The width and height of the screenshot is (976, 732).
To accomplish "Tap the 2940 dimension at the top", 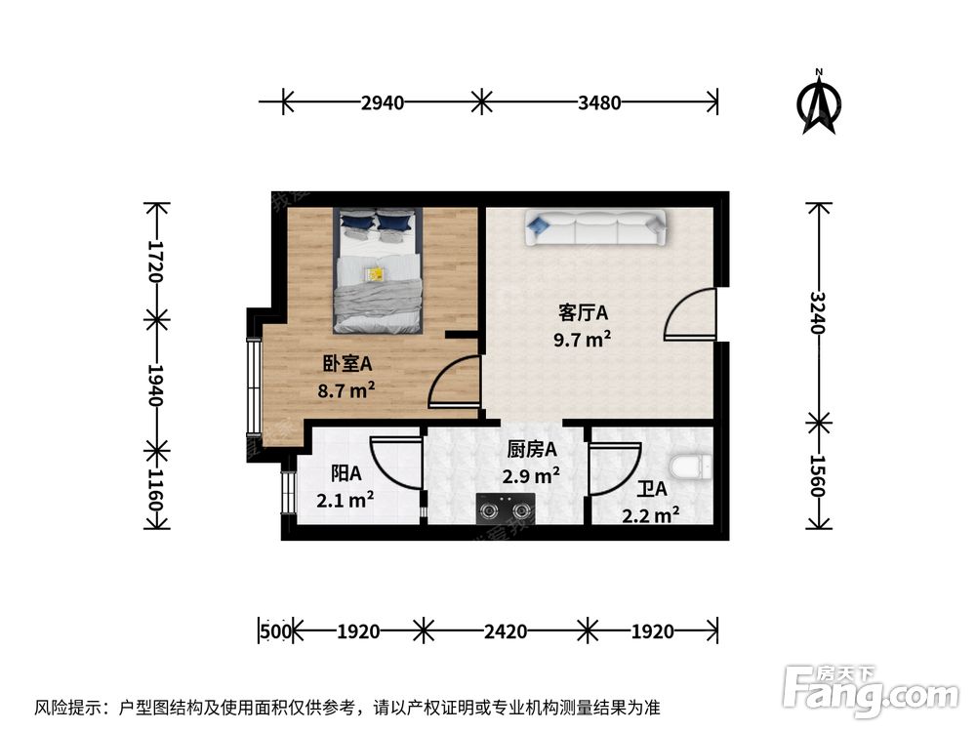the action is coord(383,102).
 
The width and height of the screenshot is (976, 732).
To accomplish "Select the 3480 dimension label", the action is coord(599,102).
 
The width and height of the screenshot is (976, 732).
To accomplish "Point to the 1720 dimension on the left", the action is coord(154,261).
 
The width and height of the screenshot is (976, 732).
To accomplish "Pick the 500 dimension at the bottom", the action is coord(275,631).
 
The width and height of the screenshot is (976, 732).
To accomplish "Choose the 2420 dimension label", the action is coord(506,631).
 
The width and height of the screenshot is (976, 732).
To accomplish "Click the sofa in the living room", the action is coord(595,227).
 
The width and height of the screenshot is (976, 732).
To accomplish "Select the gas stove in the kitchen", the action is coord(506,508).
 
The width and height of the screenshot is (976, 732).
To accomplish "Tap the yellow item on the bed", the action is coord(376,274).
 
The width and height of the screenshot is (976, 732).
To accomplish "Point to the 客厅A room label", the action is coord(583,312).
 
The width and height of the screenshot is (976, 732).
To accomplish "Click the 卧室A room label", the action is coord(346,363).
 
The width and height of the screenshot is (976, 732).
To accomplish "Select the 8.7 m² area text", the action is coord(346,390).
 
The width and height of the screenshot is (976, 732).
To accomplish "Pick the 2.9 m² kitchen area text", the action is coord(531,475).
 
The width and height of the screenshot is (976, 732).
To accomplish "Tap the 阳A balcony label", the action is coord(346,473).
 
